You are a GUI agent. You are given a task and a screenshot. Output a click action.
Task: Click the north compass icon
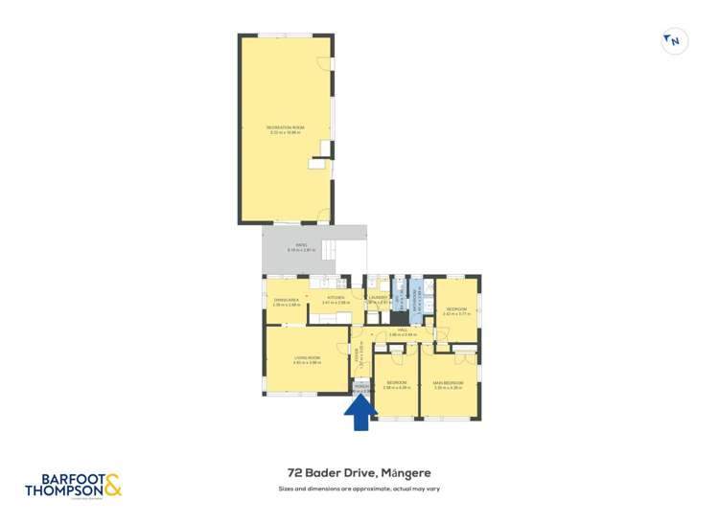pos(675,40)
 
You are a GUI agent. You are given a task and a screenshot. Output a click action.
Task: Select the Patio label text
pos(301,247)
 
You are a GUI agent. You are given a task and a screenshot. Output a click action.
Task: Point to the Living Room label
pos(306,359)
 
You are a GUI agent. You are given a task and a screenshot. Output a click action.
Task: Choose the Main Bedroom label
pos(449,385)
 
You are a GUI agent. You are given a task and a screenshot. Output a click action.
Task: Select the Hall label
pos(403,331)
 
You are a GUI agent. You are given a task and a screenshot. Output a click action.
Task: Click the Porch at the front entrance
pos(360,389)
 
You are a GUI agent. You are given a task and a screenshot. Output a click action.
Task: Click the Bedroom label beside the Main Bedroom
pos(396,385)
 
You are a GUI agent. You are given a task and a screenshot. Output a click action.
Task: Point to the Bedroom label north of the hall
pos(455,310)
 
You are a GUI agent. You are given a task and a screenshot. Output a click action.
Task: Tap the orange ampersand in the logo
pos(113,485)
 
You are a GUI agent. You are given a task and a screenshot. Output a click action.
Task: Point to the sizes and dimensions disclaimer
pos(359,489)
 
